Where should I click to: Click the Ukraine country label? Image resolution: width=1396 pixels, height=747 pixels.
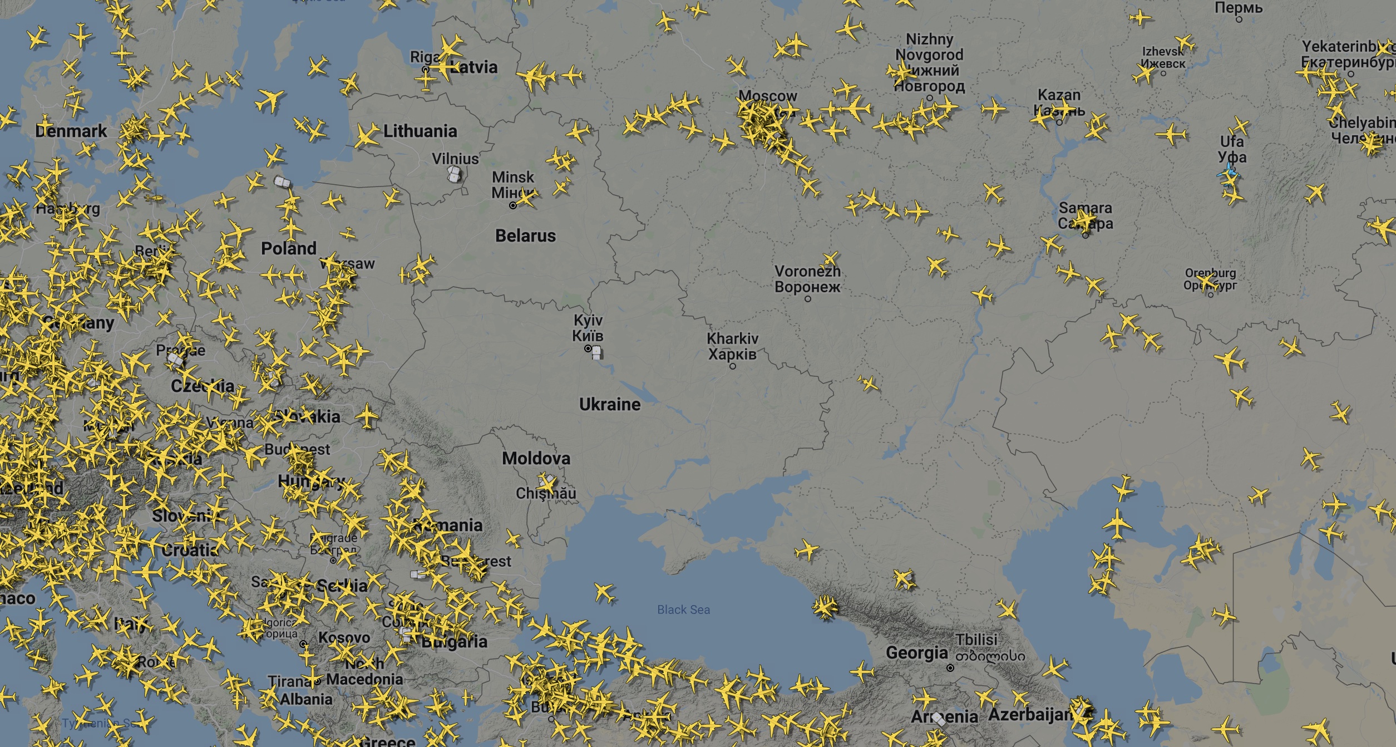[610, 404]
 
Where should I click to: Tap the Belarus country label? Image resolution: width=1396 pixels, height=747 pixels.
[525, 235]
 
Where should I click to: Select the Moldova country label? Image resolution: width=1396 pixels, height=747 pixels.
[536, 458]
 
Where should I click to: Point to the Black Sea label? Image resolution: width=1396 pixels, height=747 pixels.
[683, 610]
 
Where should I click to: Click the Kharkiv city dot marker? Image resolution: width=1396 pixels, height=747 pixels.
[732, 366]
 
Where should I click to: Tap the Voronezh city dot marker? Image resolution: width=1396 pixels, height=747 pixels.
[808, 299]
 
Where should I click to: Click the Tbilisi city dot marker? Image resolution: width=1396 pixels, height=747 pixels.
[950, 668]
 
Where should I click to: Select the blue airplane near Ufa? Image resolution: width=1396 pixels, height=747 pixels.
[1228, 173]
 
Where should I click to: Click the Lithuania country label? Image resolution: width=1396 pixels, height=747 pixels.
[420, 131]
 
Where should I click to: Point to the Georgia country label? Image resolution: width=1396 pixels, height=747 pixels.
[916, 652]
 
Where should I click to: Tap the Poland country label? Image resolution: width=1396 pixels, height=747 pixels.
[289, 248]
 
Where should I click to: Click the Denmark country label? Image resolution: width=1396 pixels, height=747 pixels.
[71, 131]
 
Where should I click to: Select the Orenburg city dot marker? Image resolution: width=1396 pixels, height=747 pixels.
[1211, 294]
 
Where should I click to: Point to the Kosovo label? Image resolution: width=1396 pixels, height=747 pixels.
[344, 637]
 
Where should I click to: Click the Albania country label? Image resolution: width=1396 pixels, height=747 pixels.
[306, 699]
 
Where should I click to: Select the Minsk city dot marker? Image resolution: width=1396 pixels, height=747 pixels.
[513, 205]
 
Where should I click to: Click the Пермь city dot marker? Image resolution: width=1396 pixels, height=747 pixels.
[1239, 19]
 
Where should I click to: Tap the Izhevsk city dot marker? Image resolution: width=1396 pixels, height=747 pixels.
[1163, 73]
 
